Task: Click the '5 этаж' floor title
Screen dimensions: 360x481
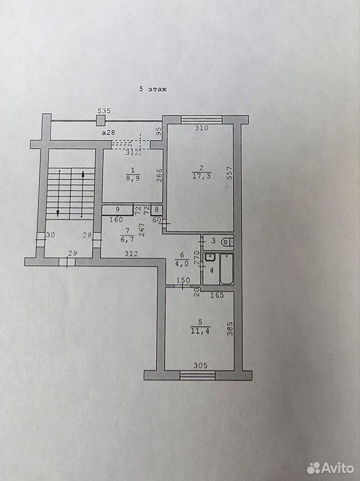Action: point(153,89)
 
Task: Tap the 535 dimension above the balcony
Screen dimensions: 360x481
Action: point(104,111)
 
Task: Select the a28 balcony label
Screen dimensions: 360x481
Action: point(109,132)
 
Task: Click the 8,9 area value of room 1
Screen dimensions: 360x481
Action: point(133,178)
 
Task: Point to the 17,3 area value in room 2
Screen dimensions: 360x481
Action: point(201,176)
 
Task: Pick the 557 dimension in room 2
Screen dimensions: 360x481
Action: point(230,173)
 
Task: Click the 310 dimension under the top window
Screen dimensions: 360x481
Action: point(201,128)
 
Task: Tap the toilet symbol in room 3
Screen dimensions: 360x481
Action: point(227,242)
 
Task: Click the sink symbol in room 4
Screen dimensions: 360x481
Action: point(210,257)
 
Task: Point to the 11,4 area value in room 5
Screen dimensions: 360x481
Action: point(200,331)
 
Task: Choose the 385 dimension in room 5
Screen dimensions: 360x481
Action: point(230,329)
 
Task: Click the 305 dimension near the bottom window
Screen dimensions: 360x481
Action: point(200,365)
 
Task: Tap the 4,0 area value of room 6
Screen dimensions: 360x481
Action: point(183,264)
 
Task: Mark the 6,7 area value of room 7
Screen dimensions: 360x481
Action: point(127,239)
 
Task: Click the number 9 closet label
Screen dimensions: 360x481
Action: point(118,210)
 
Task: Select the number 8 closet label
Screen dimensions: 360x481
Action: point(157,210)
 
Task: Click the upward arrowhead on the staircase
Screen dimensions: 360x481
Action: point(83,174)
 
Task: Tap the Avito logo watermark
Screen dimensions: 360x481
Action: point(330,468)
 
